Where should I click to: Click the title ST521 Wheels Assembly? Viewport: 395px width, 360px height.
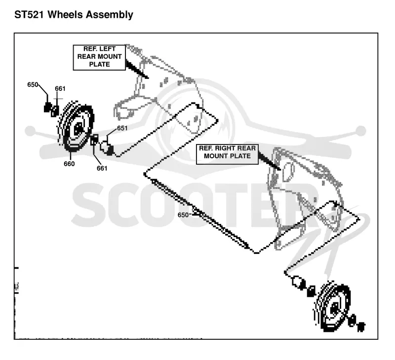[x=74, y=15]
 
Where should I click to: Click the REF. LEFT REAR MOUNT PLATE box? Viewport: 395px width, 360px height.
[x=99, y=57]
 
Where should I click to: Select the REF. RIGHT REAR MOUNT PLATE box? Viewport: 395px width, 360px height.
[x=227, y=154]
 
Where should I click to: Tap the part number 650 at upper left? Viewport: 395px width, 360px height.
[x=33, y=85]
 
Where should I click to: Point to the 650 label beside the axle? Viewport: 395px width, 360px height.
[x=183, y=215]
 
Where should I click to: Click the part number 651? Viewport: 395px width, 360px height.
[x=122, y=128]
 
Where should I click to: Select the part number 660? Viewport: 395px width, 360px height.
[x=69, y=164]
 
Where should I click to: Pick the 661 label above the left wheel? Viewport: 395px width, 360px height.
[x=60, y=89]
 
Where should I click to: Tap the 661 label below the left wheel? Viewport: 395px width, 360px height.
[x=102, y=168]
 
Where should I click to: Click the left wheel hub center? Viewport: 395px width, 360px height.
[x=79, y=127]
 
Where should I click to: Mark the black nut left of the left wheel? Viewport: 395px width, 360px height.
[x=47, y=108]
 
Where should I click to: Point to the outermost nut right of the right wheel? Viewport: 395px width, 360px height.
[x=361, y=326]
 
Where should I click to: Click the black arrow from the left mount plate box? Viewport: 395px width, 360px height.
[x=137, y=70]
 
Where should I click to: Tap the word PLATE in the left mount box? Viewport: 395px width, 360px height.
[x=99, y=65]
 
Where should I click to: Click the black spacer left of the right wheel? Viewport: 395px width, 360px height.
[x=312, y=291]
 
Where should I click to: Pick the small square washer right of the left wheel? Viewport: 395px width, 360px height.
[x=94, y=140]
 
